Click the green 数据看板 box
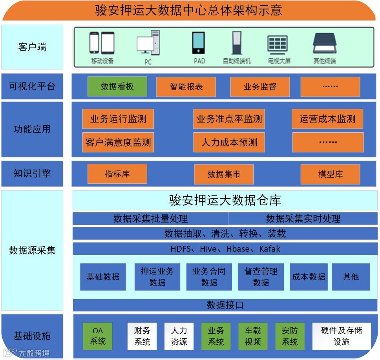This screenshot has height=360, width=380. (x=117, y=87)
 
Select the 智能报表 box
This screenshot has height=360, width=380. (x=186, y=87)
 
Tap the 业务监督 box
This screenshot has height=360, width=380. (x=260, y=87)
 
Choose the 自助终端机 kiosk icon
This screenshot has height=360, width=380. (x=237, y=43)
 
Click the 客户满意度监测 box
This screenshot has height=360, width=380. (x=118, y=142)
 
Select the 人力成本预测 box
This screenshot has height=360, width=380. (x=229, y=142)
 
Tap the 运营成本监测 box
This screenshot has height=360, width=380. (x=327, y=119)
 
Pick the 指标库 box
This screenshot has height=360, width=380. (x=117, y=174)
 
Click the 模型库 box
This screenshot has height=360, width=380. (x=330, y=174)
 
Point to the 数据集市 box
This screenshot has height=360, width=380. (x=224, y=174)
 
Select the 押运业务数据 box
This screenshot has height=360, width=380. (x=157, y=277)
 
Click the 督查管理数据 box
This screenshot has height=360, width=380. (x=261, y=277)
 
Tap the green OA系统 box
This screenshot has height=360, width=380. (x=98, y=336)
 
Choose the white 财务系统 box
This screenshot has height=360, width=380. (x=142, y=336)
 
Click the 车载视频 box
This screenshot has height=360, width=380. (x=253, y=336)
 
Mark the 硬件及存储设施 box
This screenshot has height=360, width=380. (x=342, y=336)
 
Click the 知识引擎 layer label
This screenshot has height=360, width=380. (x=32, y=174)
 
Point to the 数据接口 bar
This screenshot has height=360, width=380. (x=225, y=305)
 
